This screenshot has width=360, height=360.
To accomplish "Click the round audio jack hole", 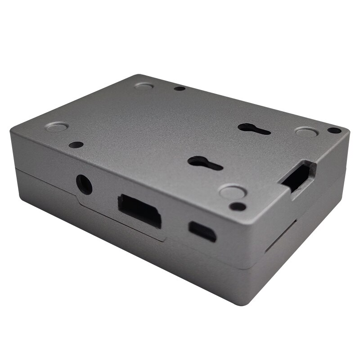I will [84, 184].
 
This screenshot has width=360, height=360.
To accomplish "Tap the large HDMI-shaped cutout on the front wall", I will [139, 210].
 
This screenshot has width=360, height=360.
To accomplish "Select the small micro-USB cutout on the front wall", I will [202, 231].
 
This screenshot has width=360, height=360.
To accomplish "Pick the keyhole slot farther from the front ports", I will [254, 129].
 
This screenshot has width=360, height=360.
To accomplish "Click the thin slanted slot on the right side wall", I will [281, 236].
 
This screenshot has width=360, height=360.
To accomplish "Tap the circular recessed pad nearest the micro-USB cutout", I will [233, 191].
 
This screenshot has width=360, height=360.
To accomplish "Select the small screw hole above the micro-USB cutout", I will [237, 207].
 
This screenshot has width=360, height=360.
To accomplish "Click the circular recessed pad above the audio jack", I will [57, 127].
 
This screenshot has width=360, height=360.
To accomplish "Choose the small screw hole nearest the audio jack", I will [76, 145].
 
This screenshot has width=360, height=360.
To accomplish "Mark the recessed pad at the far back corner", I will [144, 85].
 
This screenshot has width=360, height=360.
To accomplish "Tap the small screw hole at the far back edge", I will [180, 89].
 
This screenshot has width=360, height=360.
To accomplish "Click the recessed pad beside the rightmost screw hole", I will [306, 131].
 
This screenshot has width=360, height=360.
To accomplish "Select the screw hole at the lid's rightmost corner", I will [334, 130].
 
